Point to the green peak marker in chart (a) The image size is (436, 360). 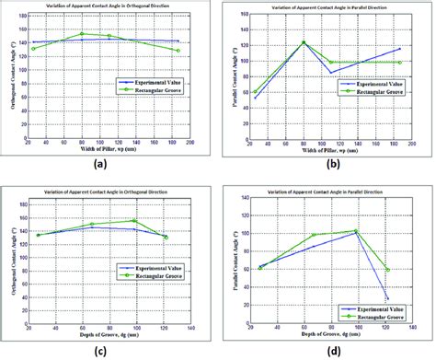(82, 34)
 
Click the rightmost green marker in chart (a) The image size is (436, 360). (178, 51)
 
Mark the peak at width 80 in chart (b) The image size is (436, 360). (303, 42)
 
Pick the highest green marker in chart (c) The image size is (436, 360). (135, 221)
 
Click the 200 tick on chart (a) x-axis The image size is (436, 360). (190, 145)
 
